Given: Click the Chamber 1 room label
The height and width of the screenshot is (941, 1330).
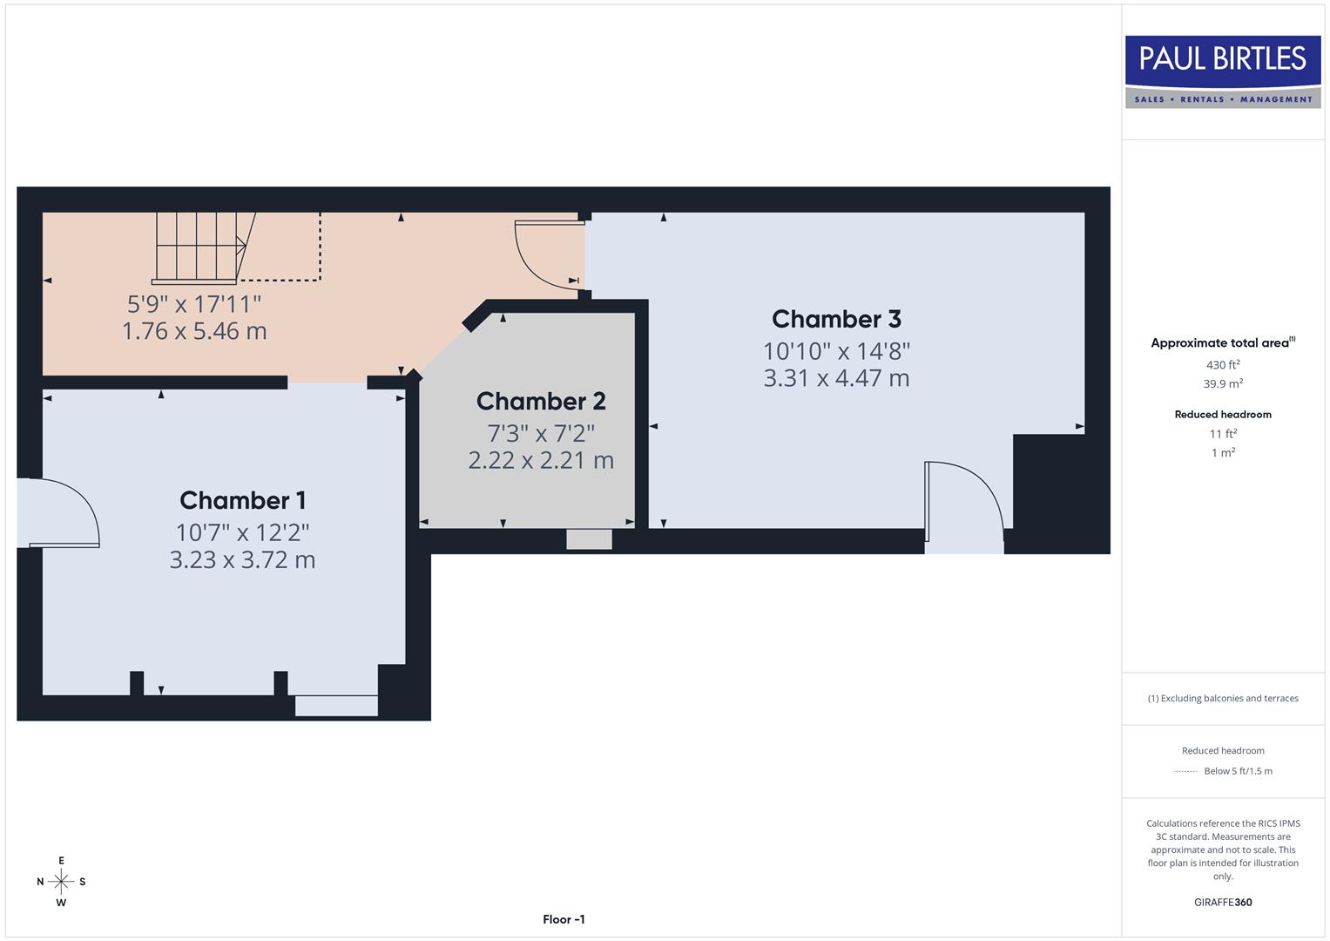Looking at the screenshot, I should pyautogui.click(x=242, y=500).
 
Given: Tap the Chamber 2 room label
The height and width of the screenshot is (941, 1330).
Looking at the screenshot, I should pyautogui.click(x=541, y=401).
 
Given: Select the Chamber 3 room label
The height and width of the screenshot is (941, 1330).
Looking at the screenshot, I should pyautogui.click(x=836, y=319).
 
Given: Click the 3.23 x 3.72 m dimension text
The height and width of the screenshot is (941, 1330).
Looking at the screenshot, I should pyautogui.click(x=242, y=559).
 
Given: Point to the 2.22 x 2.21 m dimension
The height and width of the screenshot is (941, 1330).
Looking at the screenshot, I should pyautogui.click(x=541, y=460).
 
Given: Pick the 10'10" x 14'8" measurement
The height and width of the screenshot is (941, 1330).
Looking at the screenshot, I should pyautogui.click(x=836, y=351).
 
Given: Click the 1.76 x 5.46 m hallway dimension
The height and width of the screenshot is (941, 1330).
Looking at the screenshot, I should pyautogui.click(x=194, y=331).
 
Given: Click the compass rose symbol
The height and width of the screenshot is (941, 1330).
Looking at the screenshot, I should pyautogui.click(x=61, y=882).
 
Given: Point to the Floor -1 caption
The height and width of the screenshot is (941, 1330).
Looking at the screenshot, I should pyautogui.click(x=564, y=919).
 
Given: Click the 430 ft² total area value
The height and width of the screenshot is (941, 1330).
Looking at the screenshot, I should pyautogui.click(x=1223, y=365).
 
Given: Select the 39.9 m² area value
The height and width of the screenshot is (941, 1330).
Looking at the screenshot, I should pyautogui.click(x=1223, y=384).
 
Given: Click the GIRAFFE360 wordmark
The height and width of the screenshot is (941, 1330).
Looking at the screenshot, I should pyautogui.click(x=1223, y=902).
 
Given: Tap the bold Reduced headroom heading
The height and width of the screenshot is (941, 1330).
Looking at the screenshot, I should pyautogui.click(x=1223, y=415).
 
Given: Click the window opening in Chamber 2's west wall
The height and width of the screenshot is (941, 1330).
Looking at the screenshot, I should pyautogui.click(x=589, y=539).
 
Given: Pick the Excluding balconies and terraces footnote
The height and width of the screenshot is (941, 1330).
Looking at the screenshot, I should pyautogui.click(x=1223, y=698).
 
